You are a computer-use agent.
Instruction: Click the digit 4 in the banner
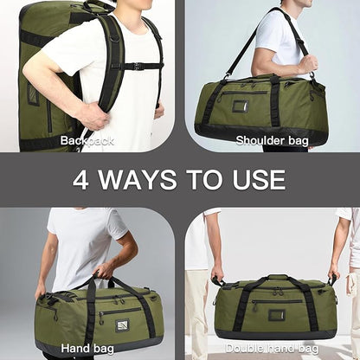click(x=80, y=180)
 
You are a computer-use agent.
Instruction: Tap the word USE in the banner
click(x=254, y=180)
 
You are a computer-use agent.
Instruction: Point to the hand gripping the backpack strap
click(x=92, y=114)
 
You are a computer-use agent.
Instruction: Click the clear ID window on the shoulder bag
click(x=239, y=106)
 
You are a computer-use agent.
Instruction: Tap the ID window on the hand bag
click(x=123, y=325)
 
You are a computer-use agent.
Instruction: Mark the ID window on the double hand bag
click(x=276, y=314)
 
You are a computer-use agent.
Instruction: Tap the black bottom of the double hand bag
click(x=275, y=334)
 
